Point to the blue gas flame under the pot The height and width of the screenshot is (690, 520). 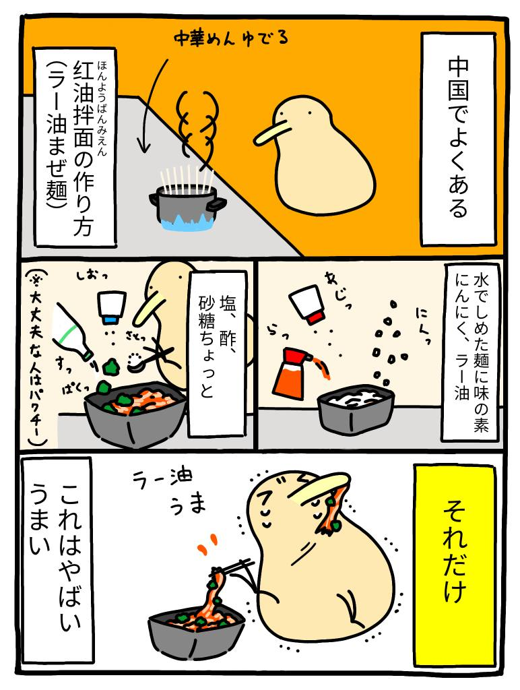click(187, 221)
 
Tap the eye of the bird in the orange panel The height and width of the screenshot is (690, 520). click(310, 113)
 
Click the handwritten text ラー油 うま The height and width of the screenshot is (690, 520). click(169, 489)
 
